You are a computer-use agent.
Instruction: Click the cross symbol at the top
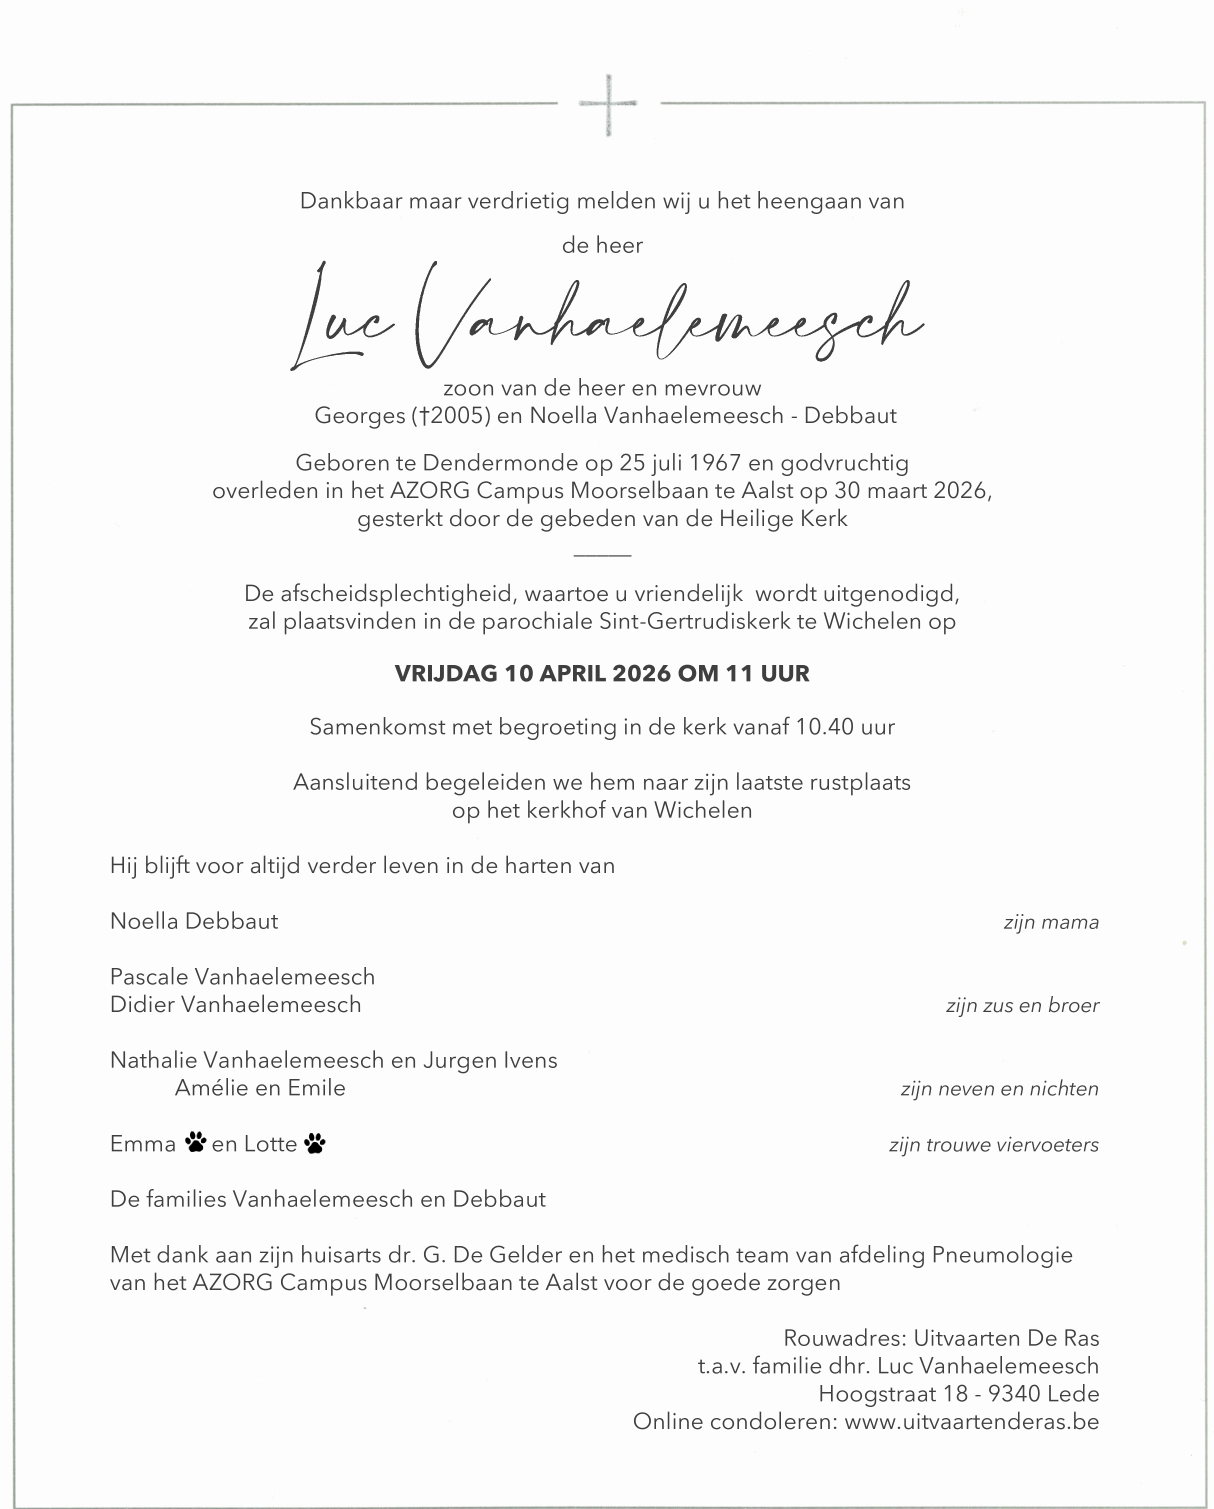(x=607, y=103)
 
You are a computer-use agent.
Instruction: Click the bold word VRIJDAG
(x=447, y=673)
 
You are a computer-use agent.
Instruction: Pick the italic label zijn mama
(x=1050, y=922)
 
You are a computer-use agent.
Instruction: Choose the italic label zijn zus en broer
(x=1022, y=1006)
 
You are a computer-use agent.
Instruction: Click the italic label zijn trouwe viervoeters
(x=993, y=1145)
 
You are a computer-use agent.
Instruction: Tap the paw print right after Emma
(x=195, y=1142)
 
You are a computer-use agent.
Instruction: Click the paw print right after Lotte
(x=315, y=1142)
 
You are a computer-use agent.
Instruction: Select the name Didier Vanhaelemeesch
(x=236, y=1004)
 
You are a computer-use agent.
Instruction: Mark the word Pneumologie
(x=1002, y=1255)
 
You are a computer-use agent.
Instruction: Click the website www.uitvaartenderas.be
(x=971, y=1421)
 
